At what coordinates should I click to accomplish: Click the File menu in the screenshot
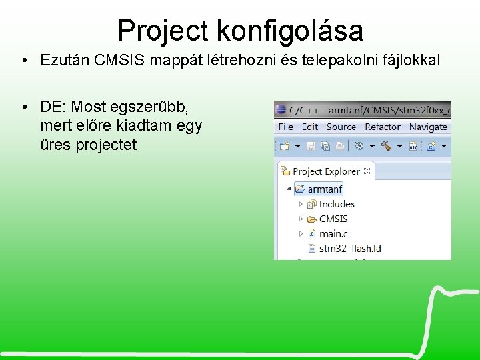(285, 127)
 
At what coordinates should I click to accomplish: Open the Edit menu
(310, 127)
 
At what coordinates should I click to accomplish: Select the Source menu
(341, 127)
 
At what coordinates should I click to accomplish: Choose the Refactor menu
(383, 127)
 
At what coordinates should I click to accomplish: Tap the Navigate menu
(428, 127)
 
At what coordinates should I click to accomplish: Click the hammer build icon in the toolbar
(386, 145)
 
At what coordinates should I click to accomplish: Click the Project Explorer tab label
(326, 171)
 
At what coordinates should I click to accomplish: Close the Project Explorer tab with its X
(367, 171)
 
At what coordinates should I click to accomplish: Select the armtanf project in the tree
(325, 189)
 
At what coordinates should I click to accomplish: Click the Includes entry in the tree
(336, 204)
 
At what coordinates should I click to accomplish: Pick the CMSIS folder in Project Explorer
(333, 219)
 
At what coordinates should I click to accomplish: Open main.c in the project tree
(333, 233)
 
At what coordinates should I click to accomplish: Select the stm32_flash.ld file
(349, 249)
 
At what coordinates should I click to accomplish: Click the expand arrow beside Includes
(301, 204)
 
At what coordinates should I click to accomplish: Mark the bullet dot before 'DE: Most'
(23, 107)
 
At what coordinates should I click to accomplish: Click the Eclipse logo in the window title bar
(281, 109)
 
